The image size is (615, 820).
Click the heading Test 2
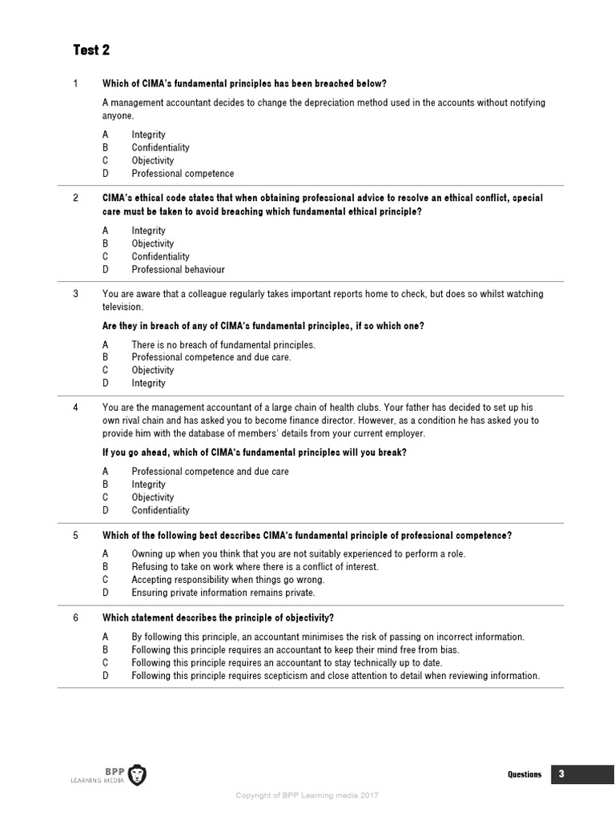[x=91, y=50]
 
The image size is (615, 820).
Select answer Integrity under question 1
[x=148, y=135]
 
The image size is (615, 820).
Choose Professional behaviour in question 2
[x=178, y=269]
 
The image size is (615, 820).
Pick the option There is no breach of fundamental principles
[x=223, y=344]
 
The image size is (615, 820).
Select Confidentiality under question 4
[x=160, y=510]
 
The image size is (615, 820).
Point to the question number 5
[x=75, y=535]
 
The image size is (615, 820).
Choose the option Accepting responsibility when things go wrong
[x=228, y=580]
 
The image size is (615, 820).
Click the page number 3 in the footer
[x=561, y=774]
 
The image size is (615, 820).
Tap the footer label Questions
[x=525, y=774]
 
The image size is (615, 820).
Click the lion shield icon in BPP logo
[x=137, y=774]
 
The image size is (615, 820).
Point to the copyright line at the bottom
[x=306, y=795]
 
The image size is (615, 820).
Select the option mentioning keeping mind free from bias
[x=295, y=650]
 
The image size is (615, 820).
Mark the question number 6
[x=75, y=617]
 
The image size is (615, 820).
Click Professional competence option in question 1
[x=183, y=173]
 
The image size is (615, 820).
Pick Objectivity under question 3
[x=152, y=370]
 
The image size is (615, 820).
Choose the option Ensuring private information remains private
[x=223, y=593]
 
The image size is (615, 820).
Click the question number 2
[x=75, y=198]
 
